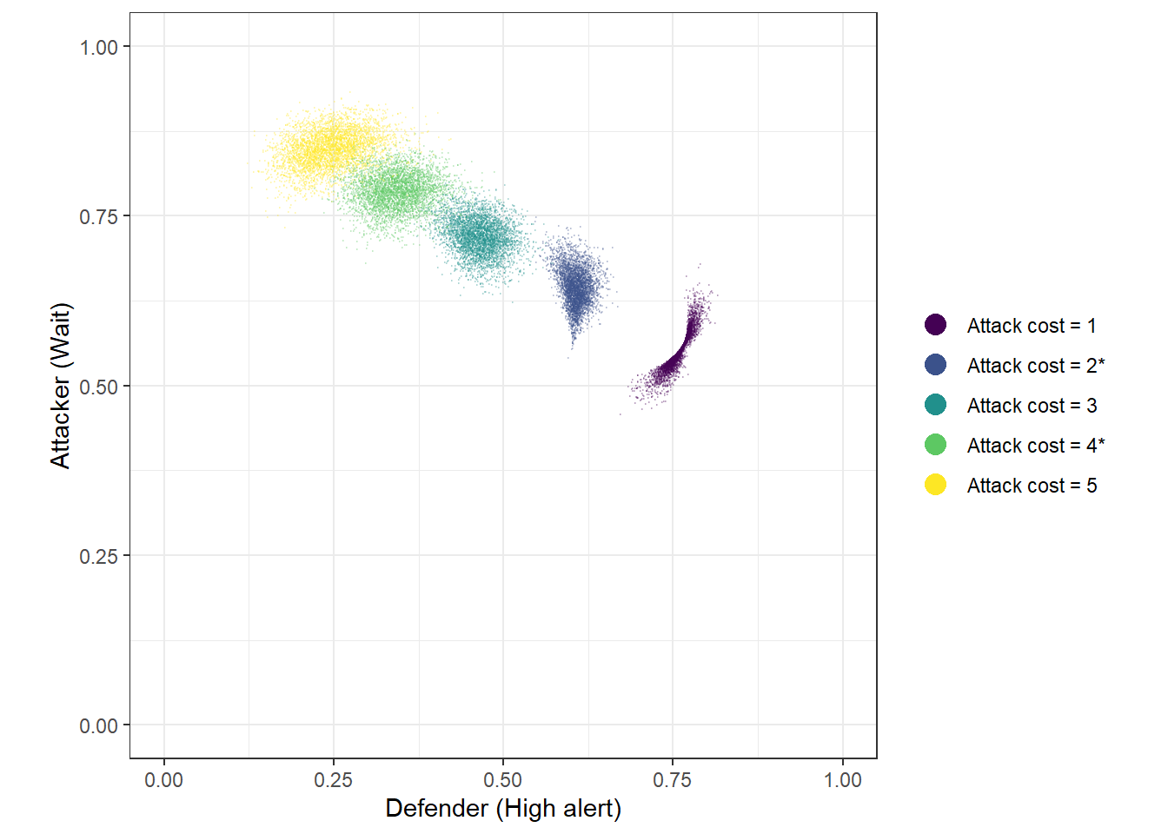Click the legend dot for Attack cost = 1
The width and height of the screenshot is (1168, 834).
coord(935,325)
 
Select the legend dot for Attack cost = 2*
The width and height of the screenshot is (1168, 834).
coord(935,365)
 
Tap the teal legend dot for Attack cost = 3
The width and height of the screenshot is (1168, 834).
coord(935,405)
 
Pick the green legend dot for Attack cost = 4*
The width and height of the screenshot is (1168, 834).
coord(935,445)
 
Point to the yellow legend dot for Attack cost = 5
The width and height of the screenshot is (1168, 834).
coord(935,485)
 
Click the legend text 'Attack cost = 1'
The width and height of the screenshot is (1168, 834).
coord(1032,326)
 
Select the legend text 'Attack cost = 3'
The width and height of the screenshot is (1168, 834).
coord(1032,406)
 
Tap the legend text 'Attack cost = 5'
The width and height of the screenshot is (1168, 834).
coord(1032,486)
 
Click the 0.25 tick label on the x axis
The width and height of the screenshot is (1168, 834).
coord(333,780)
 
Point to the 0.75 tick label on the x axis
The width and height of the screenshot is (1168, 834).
coord(672,780)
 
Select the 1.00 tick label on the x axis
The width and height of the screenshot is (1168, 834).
coord(842,780)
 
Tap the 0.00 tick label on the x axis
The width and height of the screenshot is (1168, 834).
coord(163,780)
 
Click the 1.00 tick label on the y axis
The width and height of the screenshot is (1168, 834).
coord(98,48)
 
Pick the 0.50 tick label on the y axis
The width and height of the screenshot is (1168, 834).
coord(98,387)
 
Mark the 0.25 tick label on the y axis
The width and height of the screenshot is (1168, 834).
coord(98,556)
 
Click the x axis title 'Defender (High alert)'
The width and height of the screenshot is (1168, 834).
coord(503,809)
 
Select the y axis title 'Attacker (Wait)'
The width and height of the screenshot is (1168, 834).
coord(60,386)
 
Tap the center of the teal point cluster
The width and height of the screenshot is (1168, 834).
coord(479,235)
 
